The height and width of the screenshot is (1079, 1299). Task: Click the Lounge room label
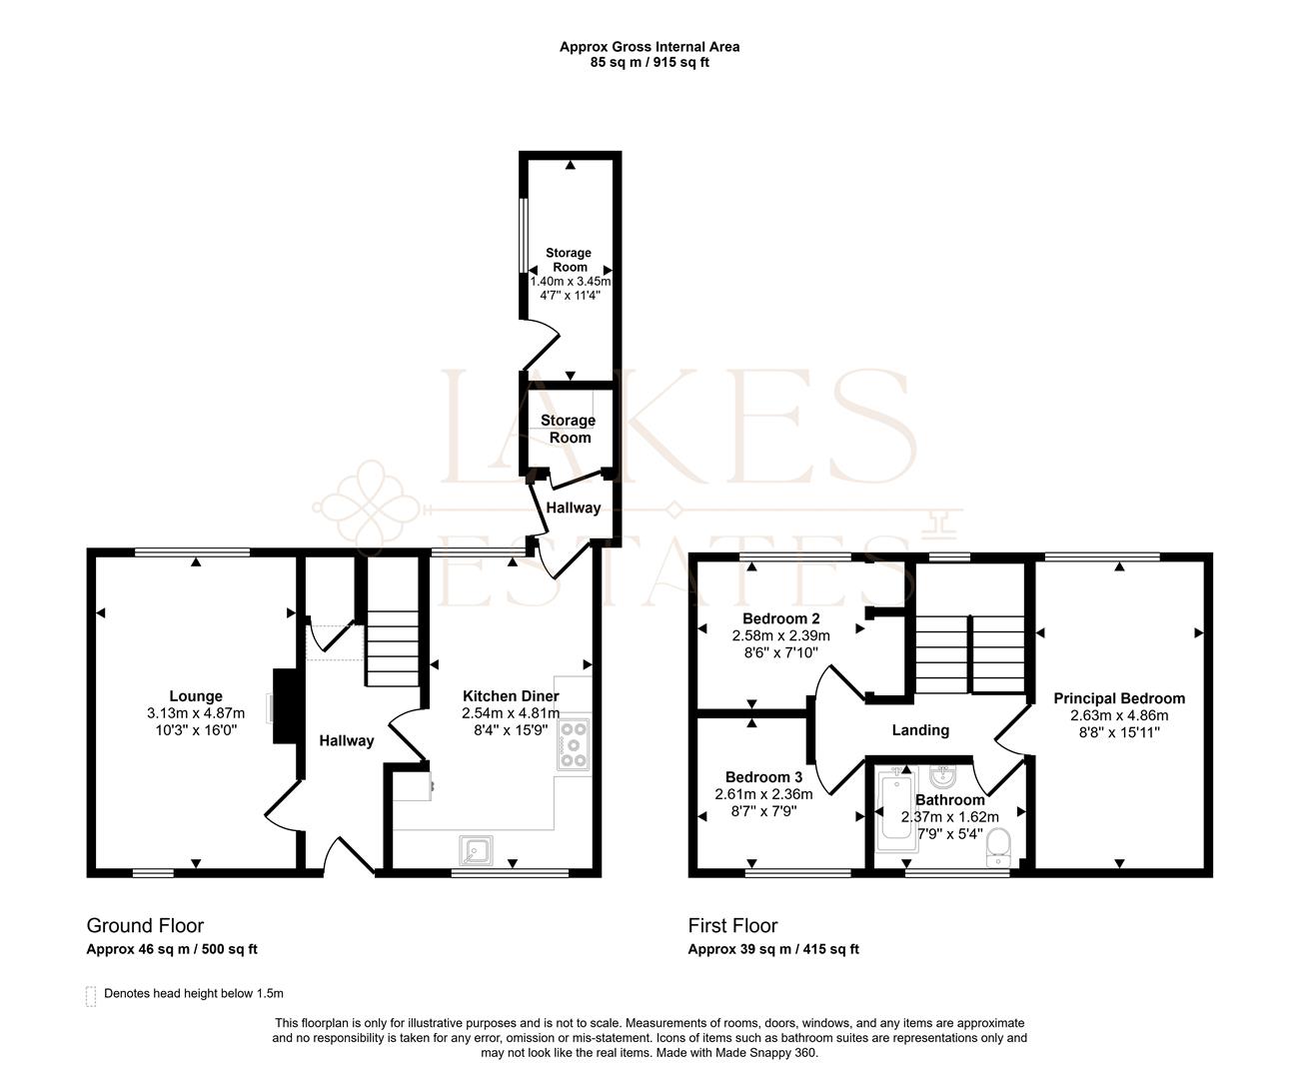195,696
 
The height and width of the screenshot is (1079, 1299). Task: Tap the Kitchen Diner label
510,696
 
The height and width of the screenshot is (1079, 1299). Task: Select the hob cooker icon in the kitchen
575,744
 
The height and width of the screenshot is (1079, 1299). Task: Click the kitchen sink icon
476,850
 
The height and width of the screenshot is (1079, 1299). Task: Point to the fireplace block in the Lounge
285,706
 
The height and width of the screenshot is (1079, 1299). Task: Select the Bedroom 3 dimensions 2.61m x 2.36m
763,795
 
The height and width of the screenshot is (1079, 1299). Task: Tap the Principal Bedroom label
1118,698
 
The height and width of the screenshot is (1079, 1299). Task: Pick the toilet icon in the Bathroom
997,848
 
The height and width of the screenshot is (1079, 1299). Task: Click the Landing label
919,730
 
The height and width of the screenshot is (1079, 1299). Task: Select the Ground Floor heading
145,926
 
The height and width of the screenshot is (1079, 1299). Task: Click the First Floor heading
731,926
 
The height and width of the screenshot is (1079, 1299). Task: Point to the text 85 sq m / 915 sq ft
649,62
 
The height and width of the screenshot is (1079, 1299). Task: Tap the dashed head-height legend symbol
91,996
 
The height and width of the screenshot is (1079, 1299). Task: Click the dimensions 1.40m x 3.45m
570,282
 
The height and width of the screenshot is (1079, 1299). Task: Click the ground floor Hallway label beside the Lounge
346,740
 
